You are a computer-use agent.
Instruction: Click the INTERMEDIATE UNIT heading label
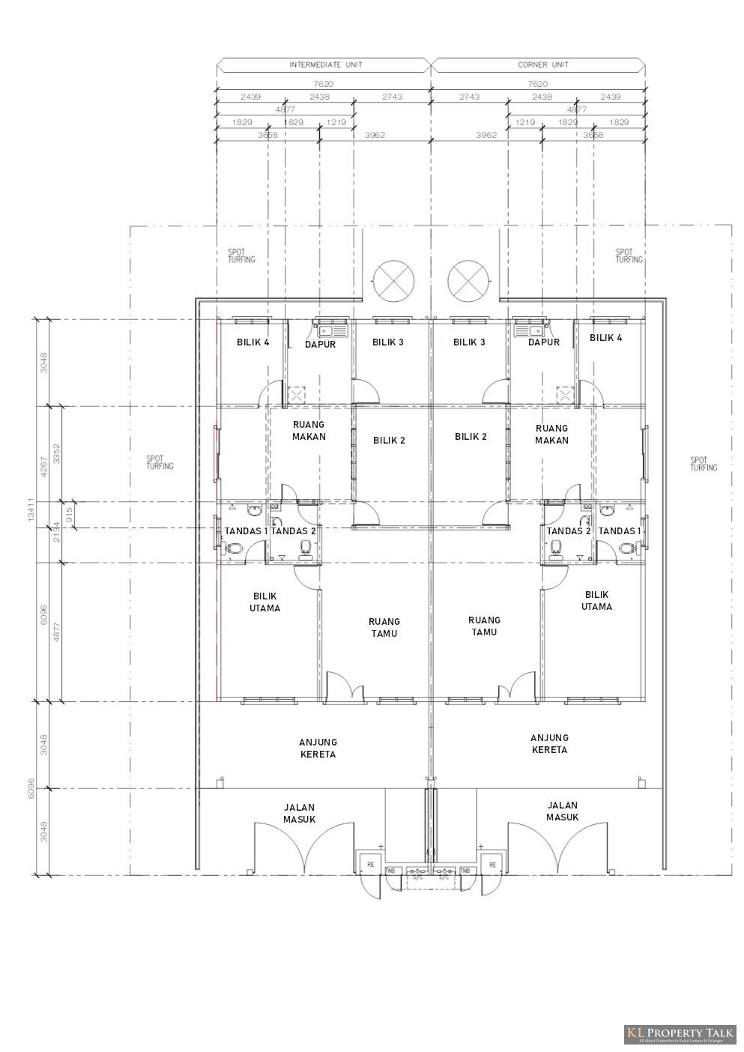[325, 65]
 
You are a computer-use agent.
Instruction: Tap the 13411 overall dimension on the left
[31, 512]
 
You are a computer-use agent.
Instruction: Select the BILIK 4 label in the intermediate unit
[252, 342]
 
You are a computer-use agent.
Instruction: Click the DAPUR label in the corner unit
[544, 342]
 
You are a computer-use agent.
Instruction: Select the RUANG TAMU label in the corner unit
[484, 626]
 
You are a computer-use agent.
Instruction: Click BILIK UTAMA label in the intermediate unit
[264, 602]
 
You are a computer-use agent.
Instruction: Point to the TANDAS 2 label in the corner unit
[569, 531]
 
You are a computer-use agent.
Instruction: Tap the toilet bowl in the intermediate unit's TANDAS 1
[235, 548]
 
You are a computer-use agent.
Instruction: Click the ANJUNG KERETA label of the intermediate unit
[318, 748]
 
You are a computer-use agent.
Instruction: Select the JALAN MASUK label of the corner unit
[563, 811]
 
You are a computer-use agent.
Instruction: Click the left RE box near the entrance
[370, 864]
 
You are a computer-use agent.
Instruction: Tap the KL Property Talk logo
[680, 1035]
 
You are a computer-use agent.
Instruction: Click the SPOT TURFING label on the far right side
[704, 464]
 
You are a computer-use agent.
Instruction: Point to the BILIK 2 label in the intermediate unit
[389, 441]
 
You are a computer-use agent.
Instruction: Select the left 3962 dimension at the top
[375, 135]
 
